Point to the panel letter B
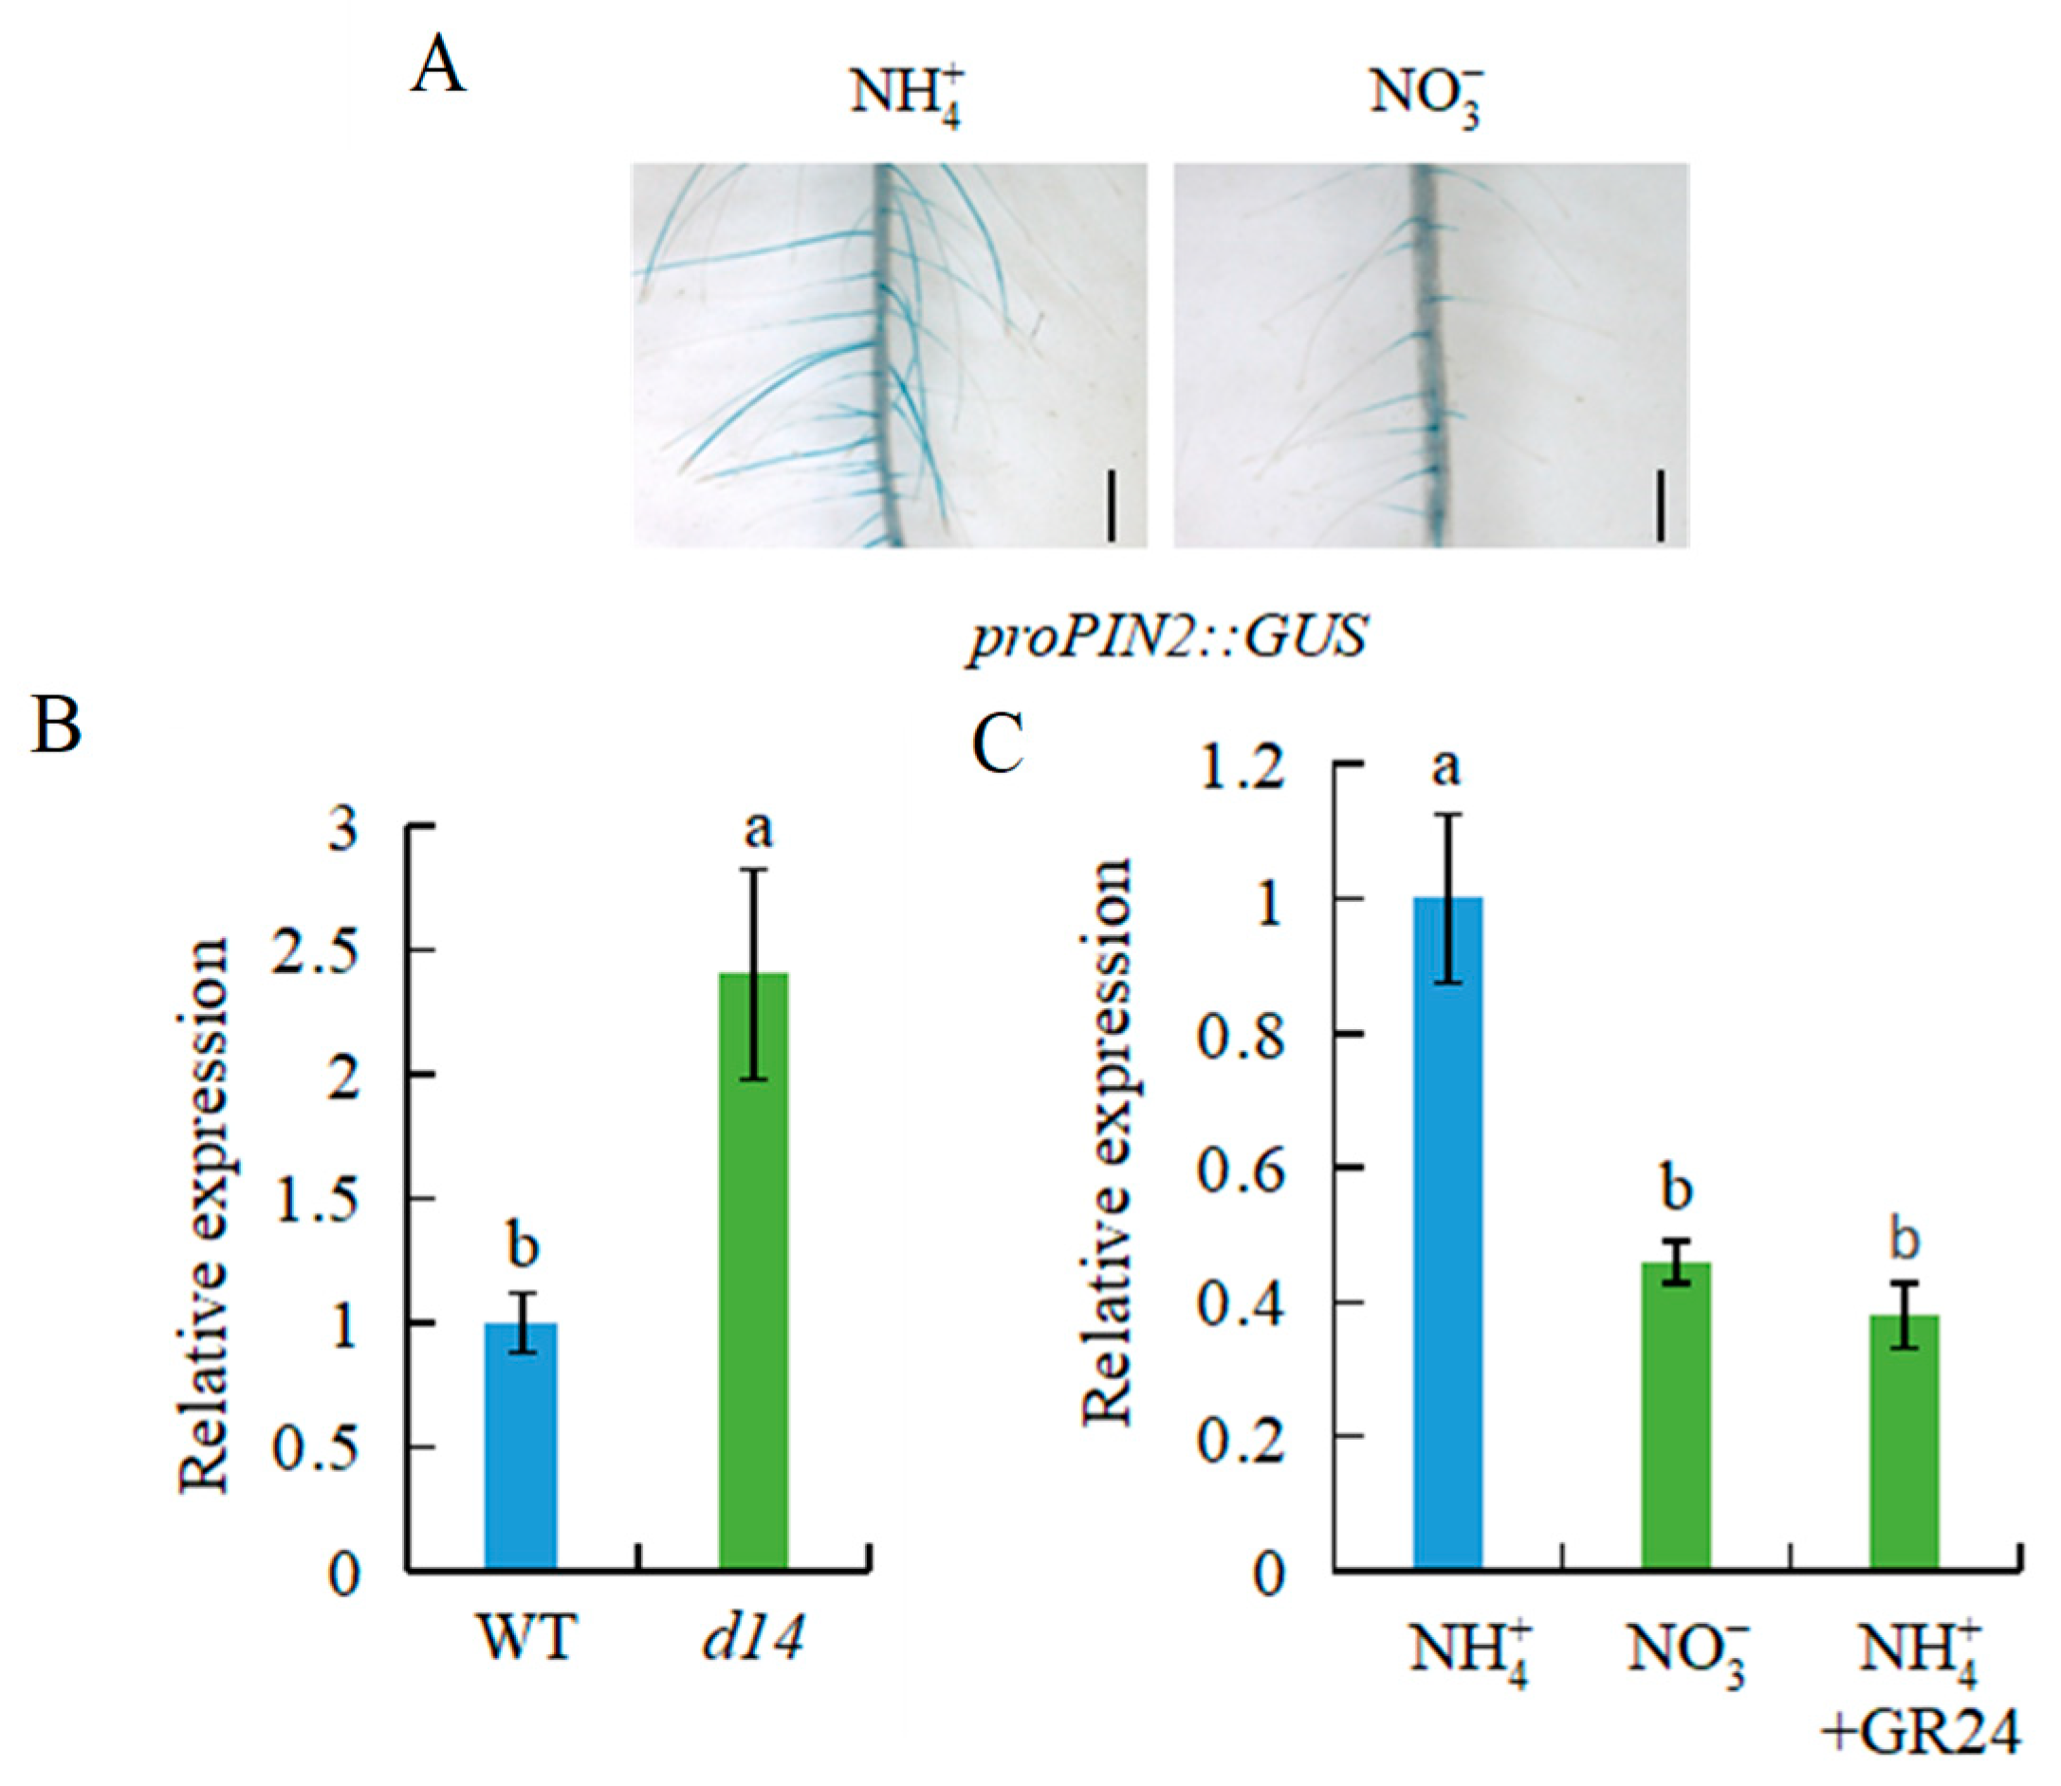[56, 725]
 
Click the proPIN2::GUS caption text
[1166, 635]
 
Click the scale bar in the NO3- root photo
[1661, 507]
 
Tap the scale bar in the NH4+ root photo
[1112, 507]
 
